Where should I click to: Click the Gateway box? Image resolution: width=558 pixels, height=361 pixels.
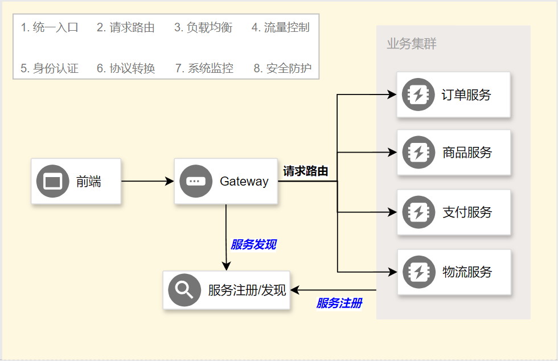click(x=226, y=182)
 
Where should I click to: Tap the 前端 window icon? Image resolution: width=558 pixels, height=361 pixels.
click(x=52, y=182)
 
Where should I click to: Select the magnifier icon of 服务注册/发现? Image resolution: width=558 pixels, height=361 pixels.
click(x=184, y=290)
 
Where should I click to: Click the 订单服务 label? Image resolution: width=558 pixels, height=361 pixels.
click(x=466, y=95)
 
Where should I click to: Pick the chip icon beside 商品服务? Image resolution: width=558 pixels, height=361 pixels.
click(x=419, y=153)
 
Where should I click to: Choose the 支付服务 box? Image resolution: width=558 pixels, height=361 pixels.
click(x=453, y=212)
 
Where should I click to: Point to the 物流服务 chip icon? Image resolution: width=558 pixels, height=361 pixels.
click(x=419, y=272)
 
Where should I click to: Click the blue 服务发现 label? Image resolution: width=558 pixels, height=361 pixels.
click(x=253, y=245)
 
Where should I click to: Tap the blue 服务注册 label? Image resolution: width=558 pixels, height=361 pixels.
click(x=339, y=303)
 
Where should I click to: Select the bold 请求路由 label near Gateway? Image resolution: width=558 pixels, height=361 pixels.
click(x=306, y=171)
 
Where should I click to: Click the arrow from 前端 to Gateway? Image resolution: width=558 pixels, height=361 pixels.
click(x=147, y=182)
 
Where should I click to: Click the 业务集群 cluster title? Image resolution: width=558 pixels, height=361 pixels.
click(x=411, y=44)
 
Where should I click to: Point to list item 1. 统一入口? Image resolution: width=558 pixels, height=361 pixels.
click(x=50, y=27)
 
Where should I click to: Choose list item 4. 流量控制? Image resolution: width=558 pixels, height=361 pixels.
click(x=280, y=27)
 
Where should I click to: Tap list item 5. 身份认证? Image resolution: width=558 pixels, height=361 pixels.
click(x=50, y=68)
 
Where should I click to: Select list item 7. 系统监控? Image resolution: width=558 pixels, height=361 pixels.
click(x=204, y=68)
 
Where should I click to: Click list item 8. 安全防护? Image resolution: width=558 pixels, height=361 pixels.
click(x=282, y=68)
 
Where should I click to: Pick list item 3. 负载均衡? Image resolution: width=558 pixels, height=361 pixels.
click(x=203, y=27)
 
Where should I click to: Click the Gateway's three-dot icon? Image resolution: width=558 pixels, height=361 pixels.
click(x=194, y=182)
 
